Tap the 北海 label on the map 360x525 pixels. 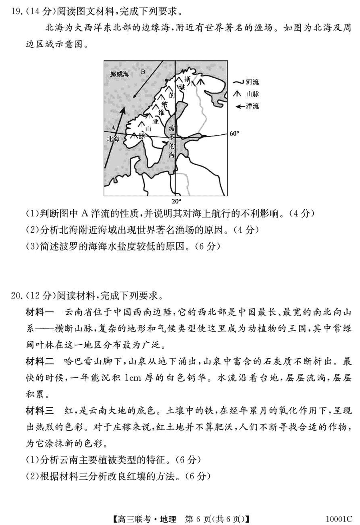tap(114, 139)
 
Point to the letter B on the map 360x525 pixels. tap(143, 72)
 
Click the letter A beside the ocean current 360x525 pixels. tap(113, 128)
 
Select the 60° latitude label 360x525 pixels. tap(234, 134)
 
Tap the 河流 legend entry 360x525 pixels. tap(252, 82)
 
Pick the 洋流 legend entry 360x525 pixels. tap(252, 106)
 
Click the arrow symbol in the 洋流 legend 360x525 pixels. tap(240, 106)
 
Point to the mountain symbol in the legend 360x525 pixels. tap(238, 94)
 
